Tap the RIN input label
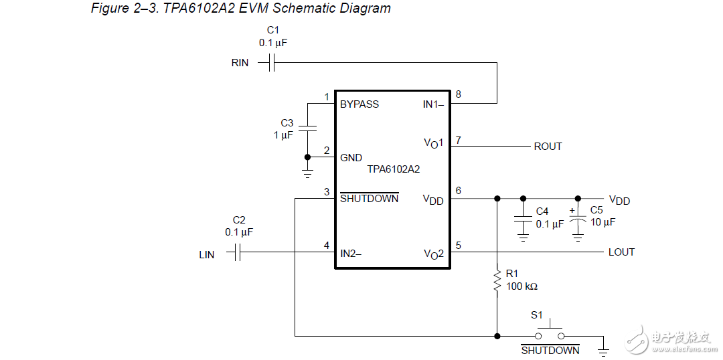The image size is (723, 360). [x=240, y=63]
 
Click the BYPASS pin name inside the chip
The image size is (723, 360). [x=359, y=104]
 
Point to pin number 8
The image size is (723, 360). [x=458, y=94]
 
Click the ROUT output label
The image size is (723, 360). [x=548, y=146]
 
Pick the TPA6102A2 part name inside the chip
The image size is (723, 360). [x=394, y=169]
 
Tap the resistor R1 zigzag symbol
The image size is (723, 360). [x=497, y=281]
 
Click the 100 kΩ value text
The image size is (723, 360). [x=522, y=286]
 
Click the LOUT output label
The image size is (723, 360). [x=621, y=252]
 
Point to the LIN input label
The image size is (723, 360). [x=207, y=255]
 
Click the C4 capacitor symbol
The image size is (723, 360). [x=523, y=219]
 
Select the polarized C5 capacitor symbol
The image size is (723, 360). [x=578, y=219]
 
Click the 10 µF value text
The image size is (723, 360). [x=602, y=222]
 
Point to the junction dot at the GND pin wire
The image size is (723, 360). [x=307, y=157]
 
